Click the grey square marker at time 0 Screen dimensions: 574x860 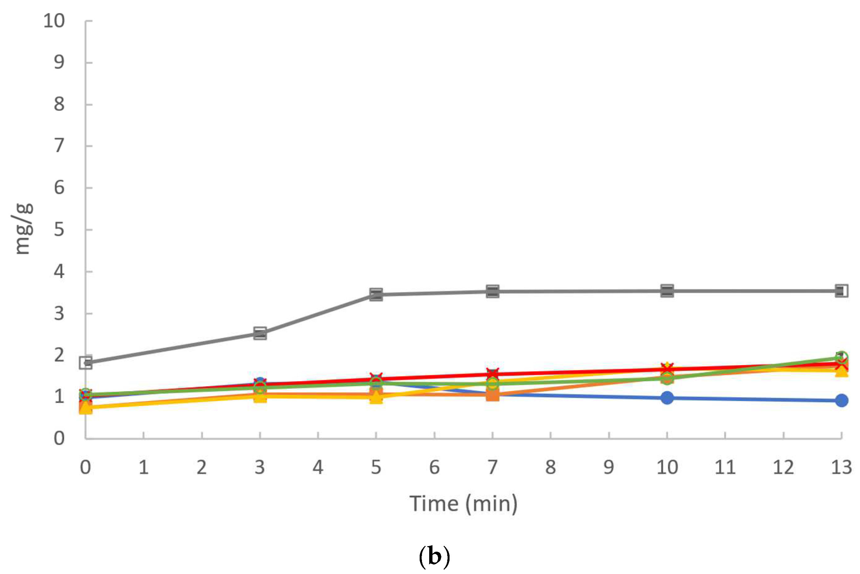click(x=86, y=363)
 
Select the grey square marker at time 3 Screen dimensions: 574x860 click(x=260, y=334)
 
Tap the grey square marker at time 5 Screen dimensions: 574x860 click(x=376, y=294)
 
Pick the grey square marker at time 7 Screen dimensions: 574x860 click(x=492, y=291)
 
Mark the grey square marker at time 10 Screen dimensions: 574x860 click(x=667, y=291)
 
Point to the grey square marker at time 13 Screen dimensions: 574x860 click(x=841, y=291)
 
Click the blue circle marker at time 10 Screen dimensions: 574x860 click(x=667, y=398)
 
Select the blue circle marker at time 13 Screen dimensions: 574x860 click(x=841, y=401)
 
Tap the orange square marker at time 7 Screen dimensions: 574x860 click(x=492, y=395)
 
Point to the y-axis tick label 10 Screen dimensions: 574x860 click(x=54, y=21)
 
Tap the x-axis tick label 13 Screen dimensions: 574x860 click(x=841, y=468)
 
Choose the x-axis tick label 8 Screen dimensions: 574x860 click(x=550, y=468)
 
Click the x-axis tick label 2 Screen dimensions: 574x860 click(x=202, y=468)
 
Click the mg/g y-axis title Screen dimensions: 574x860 click(x=23, y=229)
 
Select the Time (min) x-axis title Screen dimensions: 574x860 click(x=463, y=503)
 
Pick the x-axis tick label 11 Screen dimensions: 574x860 click(x=725, y=468)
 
